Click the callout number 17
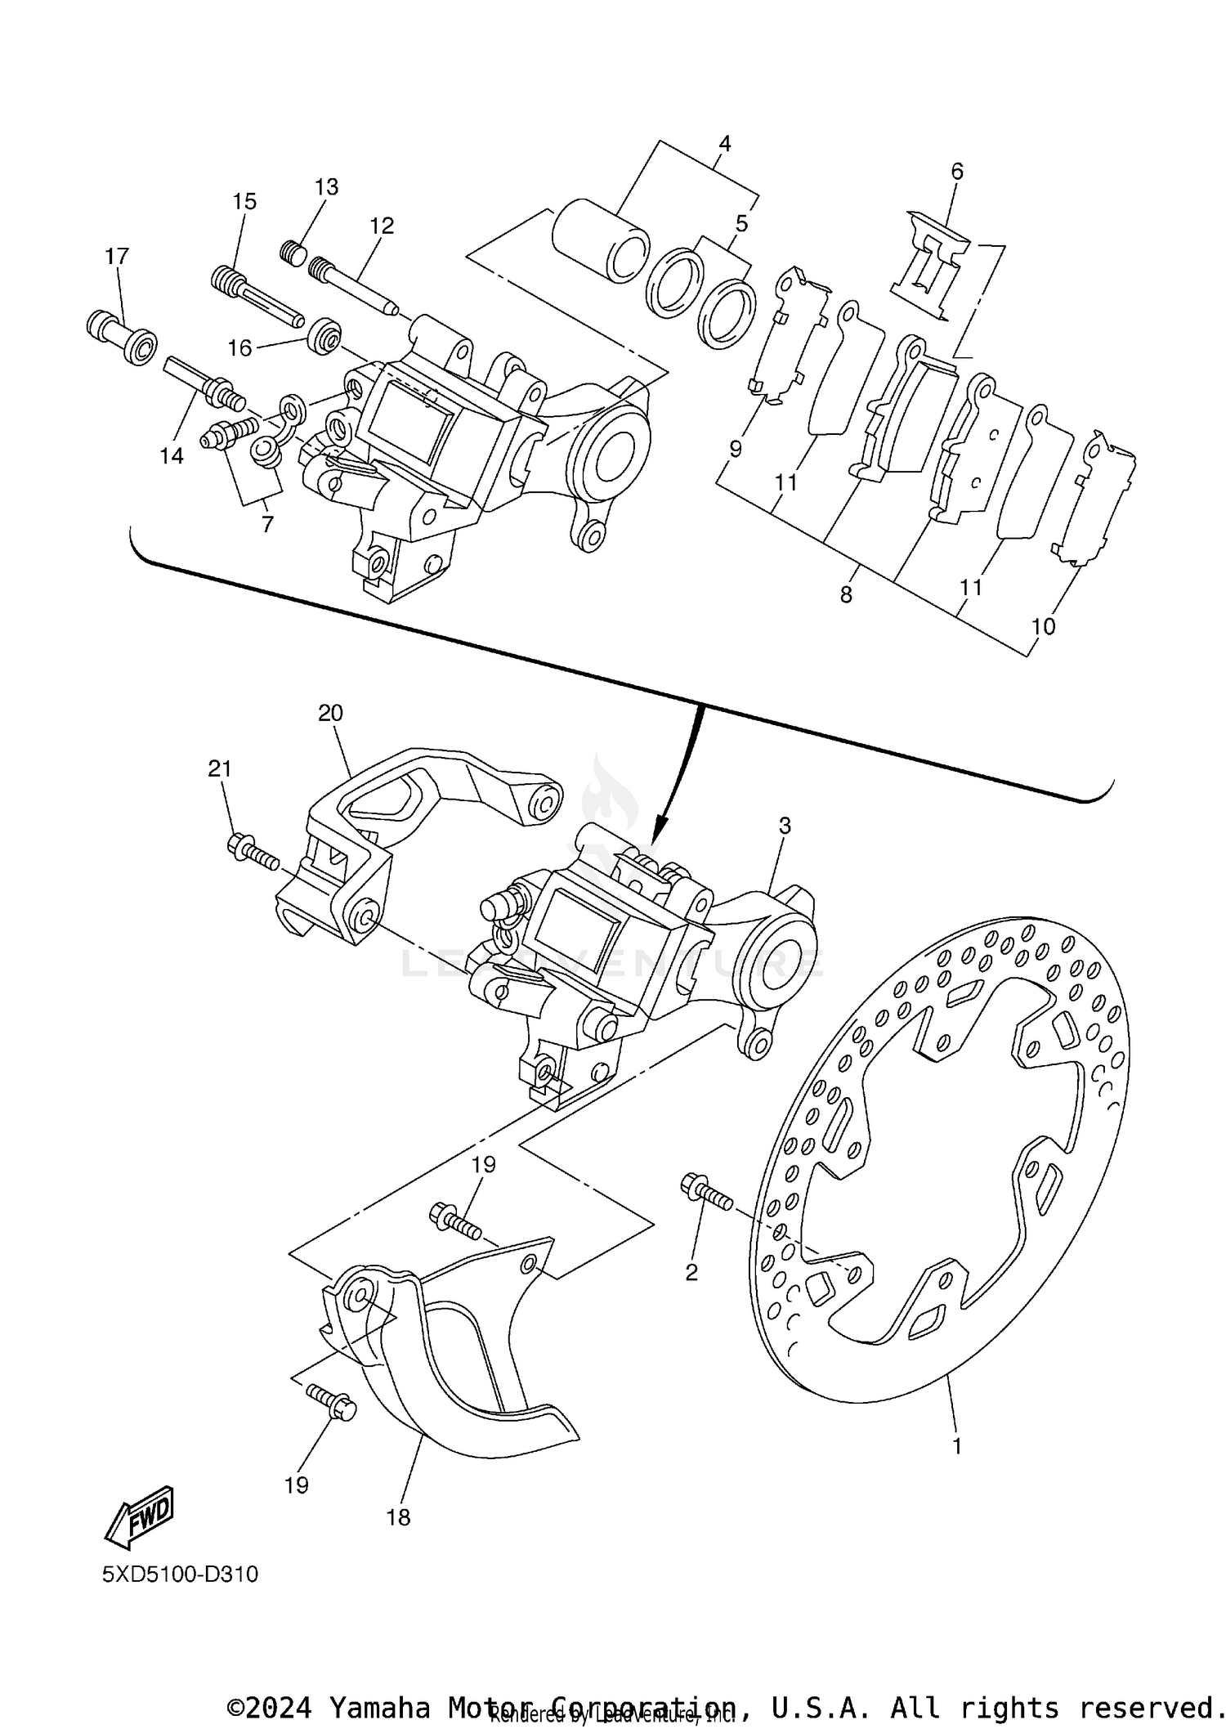click(x=117, y=257)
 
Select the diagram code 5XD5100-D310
click(x=180, y=1574)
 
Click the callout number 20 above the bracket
click(x=330, y=713)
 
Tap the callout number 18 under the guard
click(x=398, y=1517)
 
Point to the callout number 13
click(x=326, y=187)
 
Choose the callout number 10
click(x=1044, y=627)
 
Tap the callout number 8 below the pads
click(x=846, y=595)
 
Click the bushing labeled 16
click(x=324, y=335)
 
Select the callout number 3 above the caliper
click(x=785, y=826)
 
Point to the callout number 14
click(x=172, y=456)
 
